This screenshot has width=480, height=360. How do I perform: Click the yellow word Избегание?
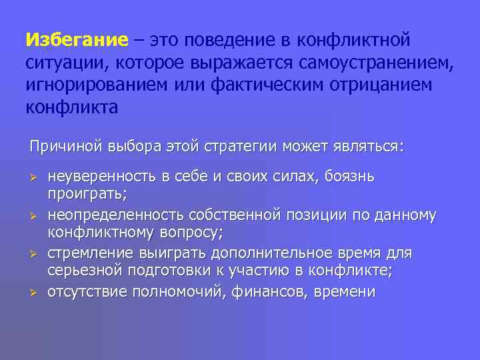[x=76, y=40]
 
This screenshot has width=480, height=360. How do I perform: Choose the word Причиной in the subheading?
[x=61, y=145]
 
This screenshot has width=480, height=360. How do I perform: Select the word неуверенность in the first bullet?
[x=101, y=177]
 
